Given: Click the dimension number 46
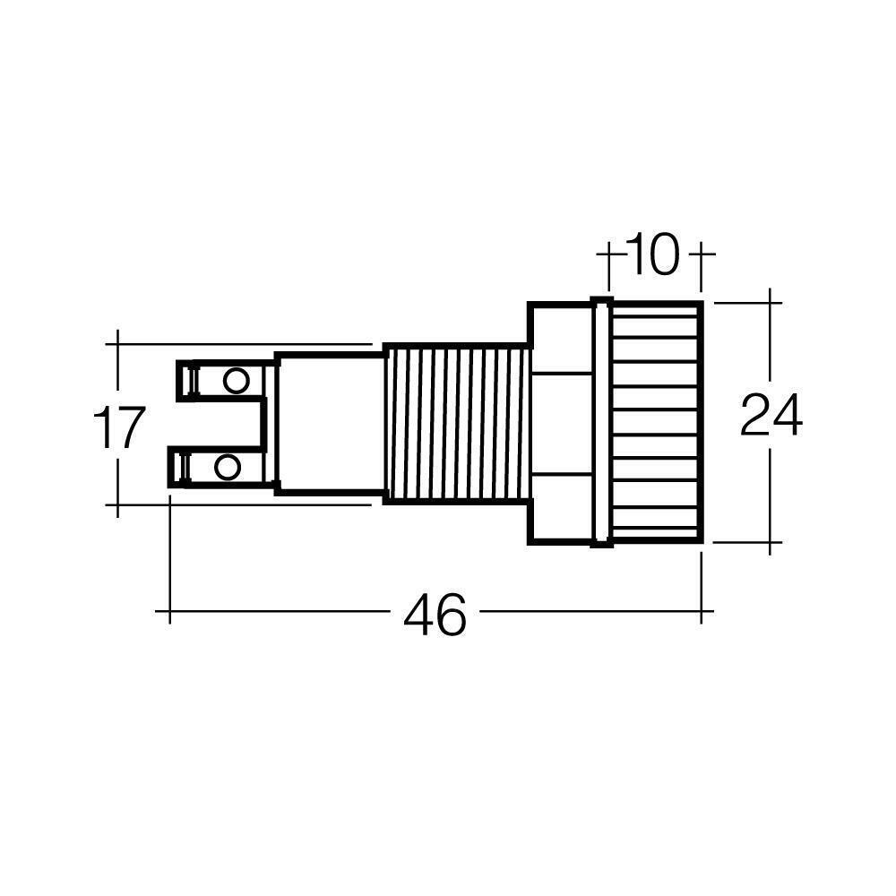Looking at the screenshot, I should point(435,616).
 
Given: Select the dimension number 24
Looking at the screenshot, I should point(771,417).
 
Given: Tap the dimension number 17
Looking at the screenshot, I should point(118,428).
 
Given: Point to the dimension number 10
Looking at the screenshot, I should point(652,255).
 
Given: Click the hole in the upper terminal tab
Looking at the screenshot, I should point(236,380).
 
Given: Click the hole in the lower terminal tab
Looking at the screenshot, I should point(228,467).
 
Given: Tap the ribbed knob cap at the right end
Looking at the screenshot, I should point(656,421).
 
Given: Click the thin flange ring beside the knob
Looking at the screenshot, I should point(601,421).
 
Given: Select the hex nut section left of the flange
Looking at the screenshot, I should point(561,421).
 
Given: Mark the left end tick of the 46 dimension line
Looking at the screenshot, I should point(169,611).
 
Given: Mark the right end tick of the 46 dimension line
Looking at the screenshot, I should point(701,611).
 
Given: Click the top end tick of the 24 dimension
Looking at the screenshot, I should point(771,303).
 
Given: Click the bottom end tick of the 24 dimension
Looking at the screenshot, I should point(771,541).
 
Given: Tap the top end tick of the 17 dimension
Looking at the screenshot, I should point(117,342).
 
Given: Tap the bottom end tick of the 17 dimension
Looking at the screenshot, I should point(117,505).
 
